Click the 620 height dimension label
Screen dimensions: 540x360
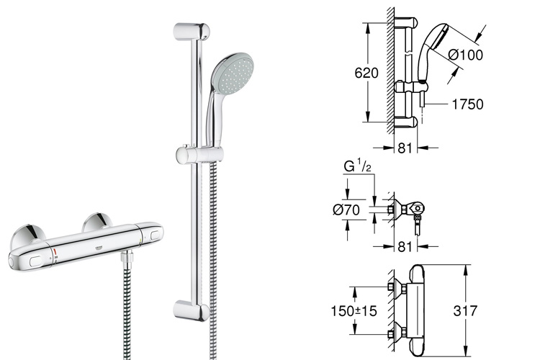(x=366, y=73)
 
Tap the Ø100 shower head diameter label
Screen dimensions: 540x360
(x=466, y=55)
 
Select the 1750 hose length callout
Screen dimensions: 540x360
(x=467, y=104)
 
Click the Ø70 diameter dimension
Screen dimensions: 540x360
(x=346, y=210)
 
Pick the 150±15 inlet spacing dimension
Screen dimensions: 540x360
(x=354, y=311)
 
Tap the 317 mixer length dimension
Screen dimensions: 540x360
(x=465, y=311)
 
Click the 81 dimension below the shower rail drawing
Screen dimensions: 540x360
(x=405, y=148)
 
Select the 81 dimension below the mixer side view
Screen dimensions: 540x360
(x=405, y=247)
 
